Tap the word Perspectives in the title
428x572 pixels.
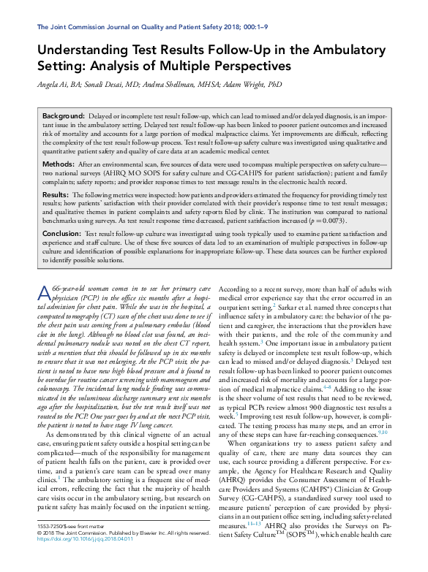click(252, 66)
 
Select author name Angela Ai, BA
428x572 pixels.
click(59, 85)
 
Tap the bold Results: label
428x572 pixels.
click(56, 197)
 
